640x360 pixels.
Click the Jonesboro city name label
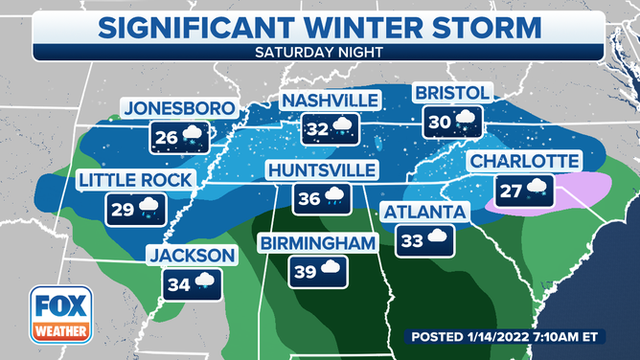[x=179, y=108]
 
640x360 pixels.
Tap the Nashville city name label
[x=331, y=101]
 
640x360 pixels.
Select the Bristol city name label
[x=453, y=93]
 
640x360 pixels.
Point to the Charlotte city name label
[x=526, y=161]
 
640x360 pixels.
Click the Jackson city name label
[x=191, y=256]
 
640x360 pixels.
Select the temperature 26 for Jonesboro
[x=166, y=136]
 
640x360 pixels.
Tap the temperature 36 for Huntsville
[x=309, y=198]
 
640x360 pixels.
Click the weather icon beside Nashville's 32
[x=344, y=128]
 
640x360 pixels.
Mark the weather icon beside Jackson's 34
[x=206, y=284]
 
